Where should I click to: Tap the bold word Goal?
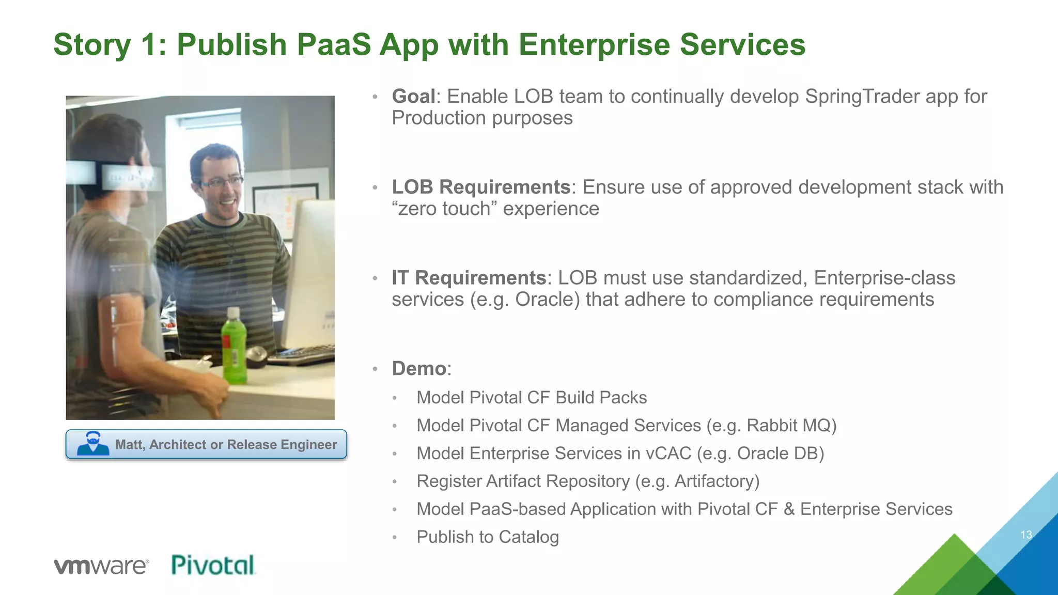click(413, 97)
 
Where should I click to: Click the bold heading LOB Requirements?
click(481, 187)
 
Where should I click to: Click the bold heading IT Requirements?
click(469, 278)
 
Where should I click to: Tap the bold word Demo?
click(419, 369)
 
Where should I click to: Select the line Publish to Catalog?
click(488, 537)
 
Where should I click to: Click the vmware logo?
click(101, 566)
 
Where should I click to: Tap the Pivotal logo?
click(213, 565)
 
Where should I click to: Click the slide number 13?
click(1026, 535)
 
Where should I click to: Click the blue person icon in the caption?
click(93, 444)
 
